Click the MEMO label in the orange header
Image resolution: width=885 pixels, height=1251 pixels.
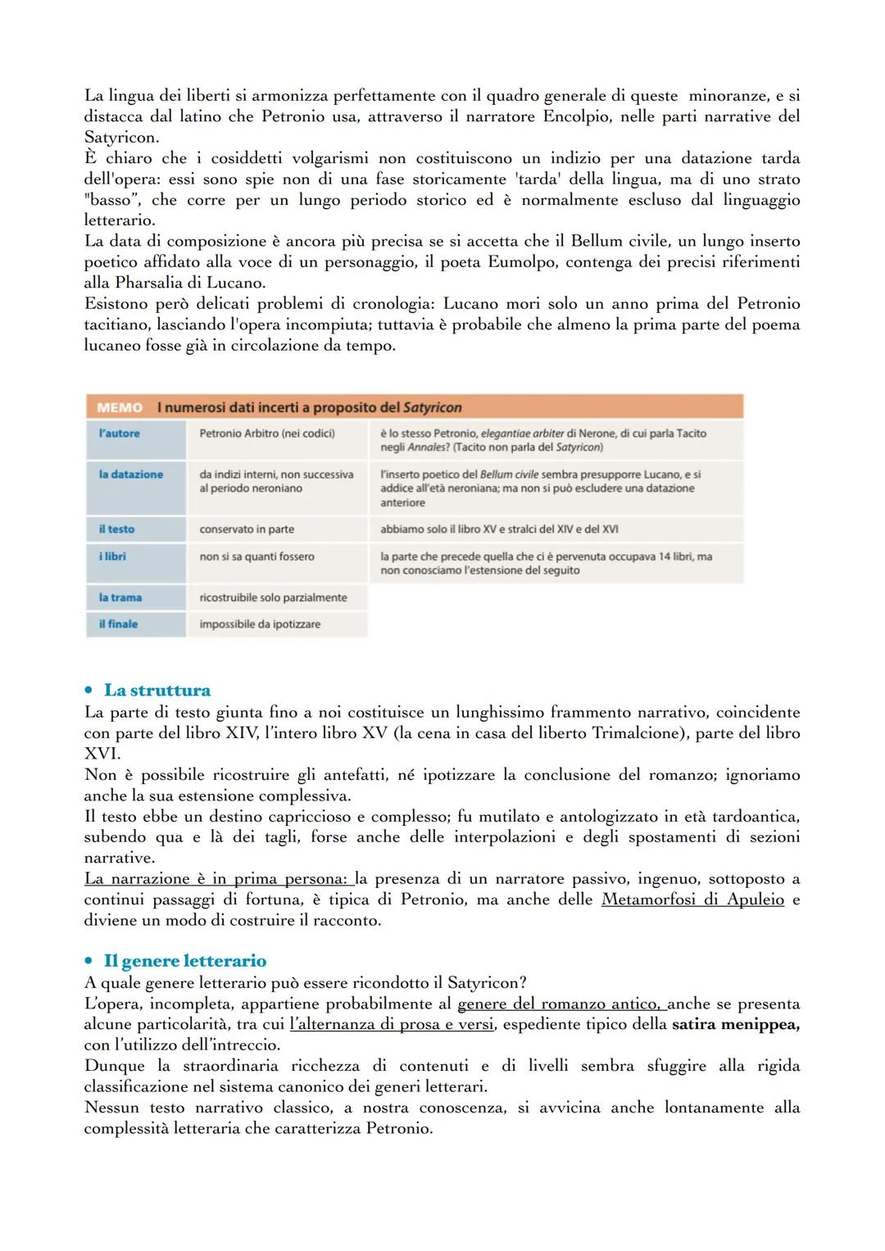tap(119, 407)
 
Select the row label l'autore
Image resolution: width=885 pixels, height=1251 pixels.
tap(120, 433)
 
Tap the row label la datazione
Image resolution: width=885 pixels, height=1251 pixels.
tap(131, 474)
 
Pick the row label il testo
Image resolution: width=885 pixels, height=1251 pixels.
tap(116, 529)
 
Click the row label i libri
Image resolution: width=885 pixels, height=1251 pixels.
tap(112, 556)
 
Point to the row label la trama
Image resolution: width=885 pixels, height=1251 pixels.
tap(120, 597)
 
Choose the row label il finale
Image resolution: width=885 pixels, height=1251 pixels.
tap(118, 624)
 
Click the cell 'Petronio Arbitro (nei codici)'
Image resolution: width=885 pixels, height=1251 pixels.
tap(267, 433)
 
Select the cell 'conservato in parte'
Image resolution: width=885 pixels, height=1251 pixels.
tap(247, 529)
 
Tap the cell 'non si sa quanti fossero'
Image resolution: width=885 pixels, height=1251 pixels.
tap(256, 556)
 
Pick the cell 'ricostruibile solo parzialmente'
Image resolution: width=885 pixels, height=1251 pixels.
tap(273, 597)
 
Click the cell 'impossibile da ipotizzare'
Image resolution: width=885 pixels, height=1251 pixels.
tap(260, 624)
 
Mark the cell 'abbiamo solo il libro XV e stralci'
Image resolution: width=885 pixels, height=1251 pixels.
tap(499, 529)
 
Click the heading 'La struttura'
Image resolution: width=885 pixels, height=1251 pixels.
tap(157, 691)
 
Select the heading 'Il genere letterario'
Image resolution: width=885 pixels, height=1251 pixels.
tap(184, 961)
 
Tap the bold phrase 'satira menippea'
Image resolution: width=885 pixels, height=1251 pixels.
tap(735, 1024)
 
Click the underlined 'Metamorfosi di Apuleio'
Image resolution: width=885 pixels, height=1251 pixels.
tap(692, 900)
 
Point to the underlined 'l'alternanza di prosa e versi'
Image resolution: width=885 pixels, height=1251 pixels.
tap(392, 1024)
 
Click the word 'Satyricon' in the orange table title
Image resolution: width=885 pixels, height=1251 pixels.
tap(432, 407)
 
